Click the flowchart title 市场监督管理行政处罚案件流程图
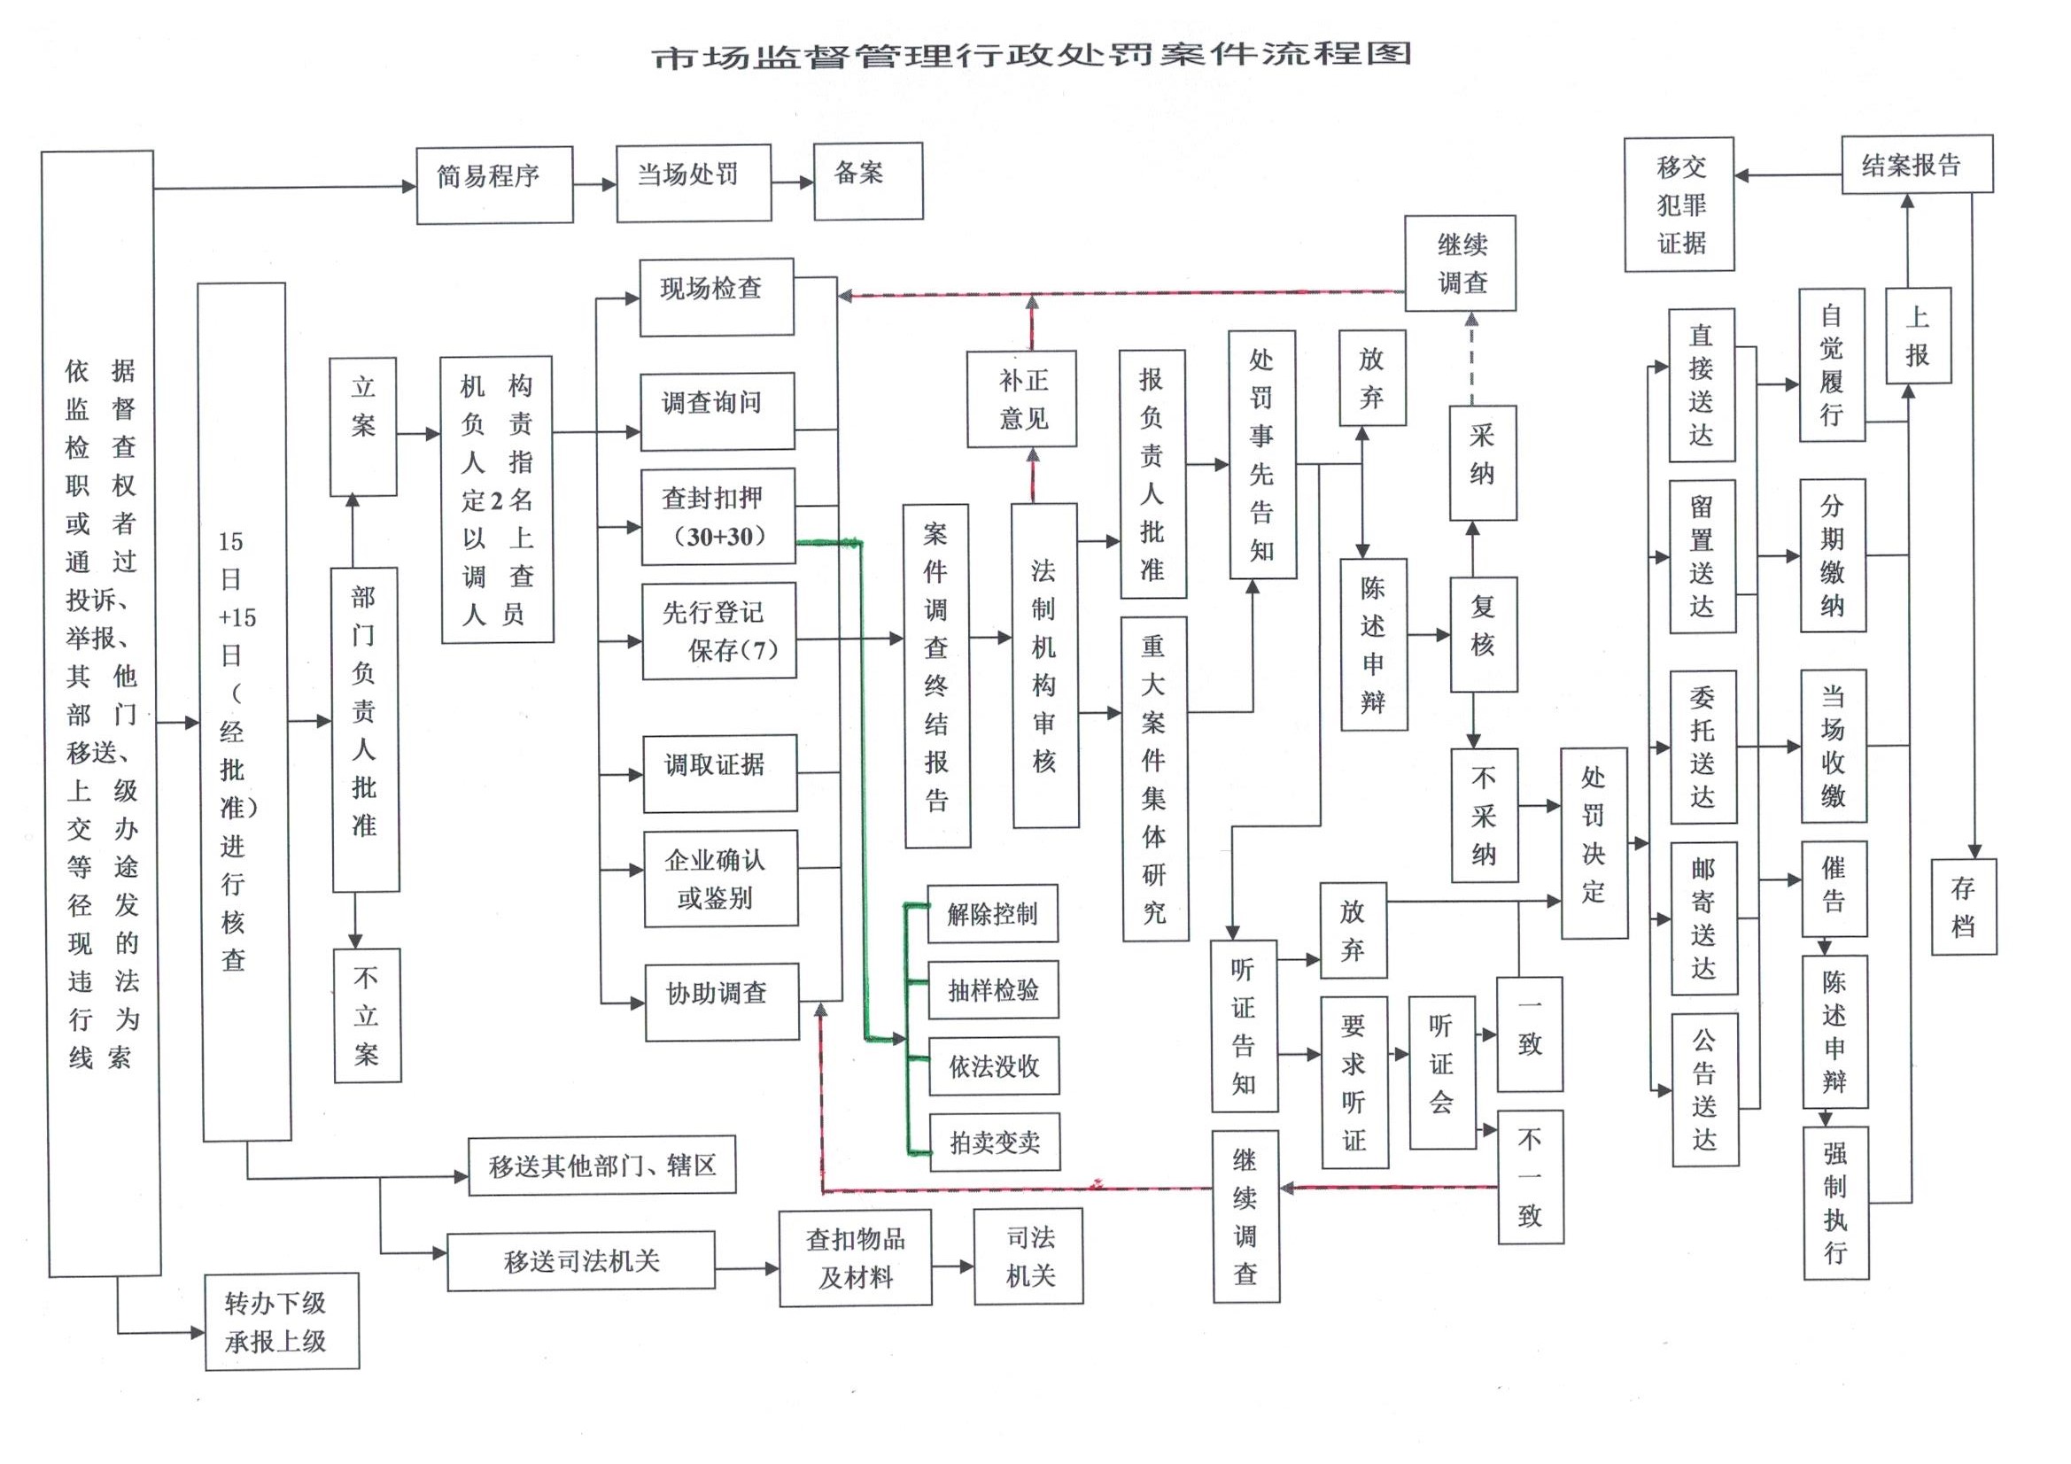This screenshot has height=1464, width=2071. [1031, 55]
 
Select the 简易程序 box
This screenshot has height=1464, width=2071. [494, 185]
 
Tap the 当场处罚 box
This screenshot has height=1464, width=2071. [694, 182]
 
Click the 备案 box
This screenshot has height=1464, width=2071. [868, 181]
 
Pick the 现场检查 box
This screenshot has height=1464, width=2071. [717, 297]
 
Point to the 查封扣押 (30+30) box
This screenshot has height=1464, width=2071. [718, 517]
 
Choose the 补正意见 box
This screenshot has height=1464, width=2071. [1021, 399]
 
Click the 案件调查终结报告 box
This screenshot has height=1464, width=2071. [937, 675]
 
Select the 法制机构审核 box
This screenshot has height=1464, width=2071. [1044, 666]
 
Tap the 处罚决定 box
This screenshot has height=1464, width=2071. [1594, 842]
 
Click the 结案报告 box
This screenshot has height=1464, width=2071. [1917, 164]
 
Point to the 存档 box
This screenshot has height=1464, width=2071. [1963, 907]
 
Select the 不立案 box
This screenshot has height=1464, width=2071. [366, 1015]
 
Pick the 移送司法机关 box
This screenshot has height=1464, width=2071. [581, 1260]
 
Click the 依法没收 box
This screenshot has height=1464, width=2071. [993, 1066]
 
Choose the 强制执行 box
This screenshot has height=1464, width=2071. [1835, 1203]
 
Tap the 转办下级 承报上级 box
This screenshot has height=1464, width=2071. [282, 1321]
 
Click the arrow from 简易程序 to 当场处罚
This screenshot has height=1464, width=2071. [594, 185]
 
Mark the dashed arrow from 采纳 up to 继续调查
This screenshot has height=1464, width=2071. [1472, 358]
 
